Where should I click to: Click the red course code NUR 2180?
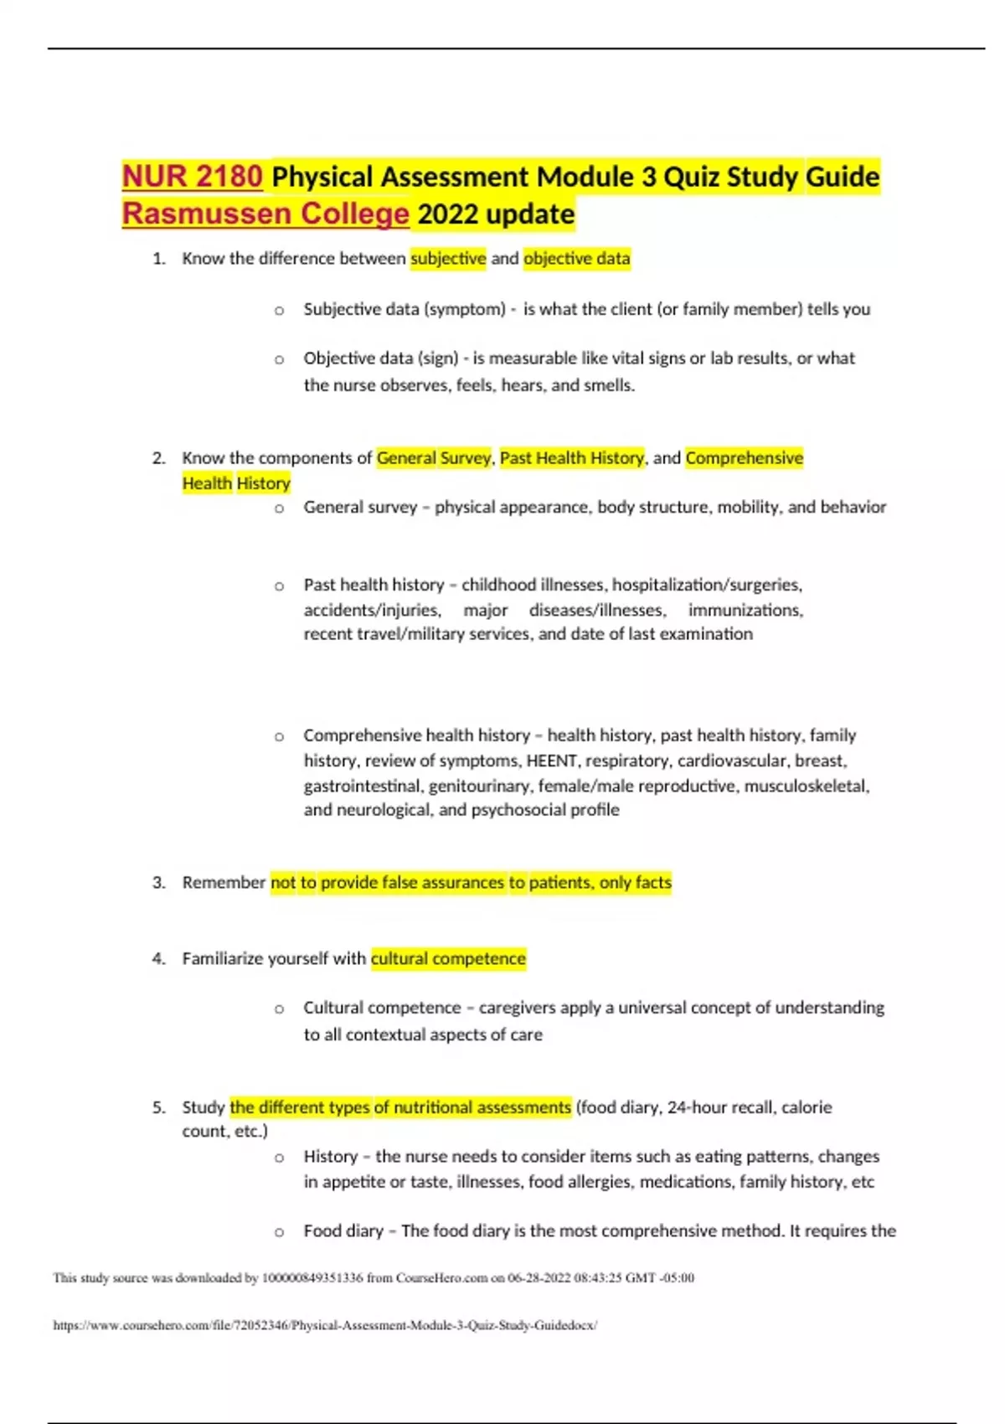pos(193,177)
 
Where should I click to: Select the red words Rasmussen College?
pos(265,214)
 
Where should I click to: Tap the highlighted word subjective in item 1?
pos(448,259)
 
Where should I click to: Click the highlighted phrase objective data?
pos(576,259)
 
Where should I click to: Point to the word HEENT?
pos(551,761)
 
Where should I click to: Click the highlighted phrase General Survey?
pos(433,458)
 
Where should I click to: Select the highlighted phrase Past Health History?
pos(572,458)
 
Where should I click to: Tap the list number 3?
pos(158,883)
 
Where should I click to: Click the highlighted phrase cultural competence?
pos(448,958)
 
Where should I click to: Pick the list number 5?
pos(158,1107)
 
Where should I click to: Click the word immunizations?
pos(745,610)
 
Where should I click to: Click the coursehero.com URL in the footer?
pos(325,1325)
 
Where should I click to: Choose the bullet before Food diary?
pos(279,1232)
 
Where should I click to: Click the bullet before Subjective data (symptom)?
pos(279,310)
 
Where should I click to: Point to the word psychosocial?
pos(519,810)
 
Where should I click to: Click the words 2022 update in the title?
pos(496,214)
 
